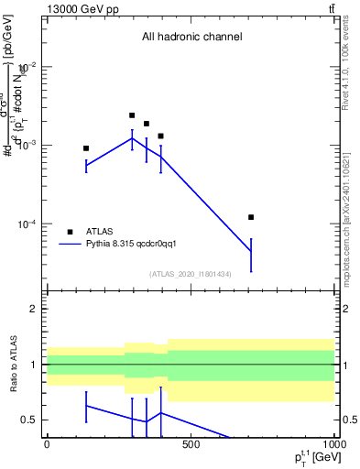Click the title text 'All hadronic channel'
coord(191,38)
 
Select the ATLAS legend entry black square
coord(70,232)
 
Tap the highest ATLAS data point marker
coord(132,115)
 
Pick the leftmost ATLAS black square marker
coord(86,148)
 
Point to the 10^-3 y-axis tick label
coord(25,146)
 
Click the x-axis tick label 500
coord(191,444)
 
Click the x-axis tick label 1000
coord(333,444)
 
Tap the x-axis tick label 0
coord(47,444)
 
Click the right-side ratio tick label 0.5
coord(349,420)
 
